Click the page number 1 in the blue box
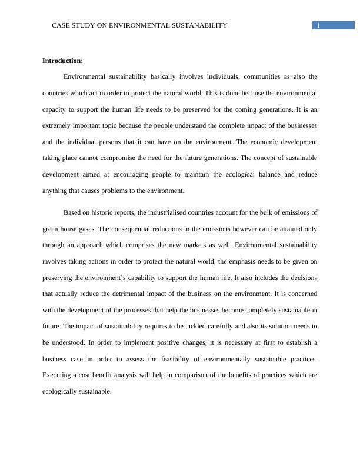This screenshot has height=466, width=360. tap(318, 25)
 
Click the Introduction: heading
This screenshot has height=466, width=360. tap(63, 61)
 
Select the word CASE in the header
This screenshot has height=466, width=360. tap(61, 25)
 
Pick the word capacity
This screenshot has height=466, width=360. tap(55, 109)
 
